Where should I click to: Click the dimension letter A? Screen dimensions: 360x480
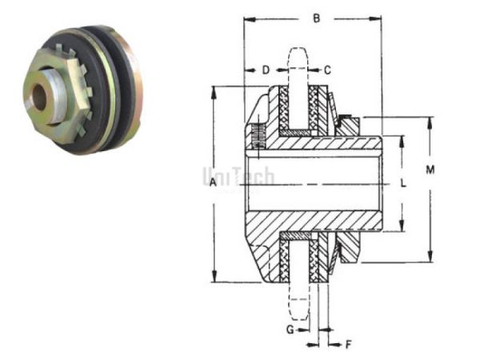(x=211, y=183)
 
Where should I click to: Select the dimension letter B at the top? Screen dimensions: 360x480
(x=316, y=17)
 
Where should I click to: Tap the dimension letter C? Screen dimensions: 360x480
(x=327, y=70)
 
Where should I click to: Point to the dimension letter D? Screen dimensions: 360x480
(x=266, y=70)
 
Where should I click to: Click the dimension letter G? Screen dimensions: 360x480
(x=291, y=329)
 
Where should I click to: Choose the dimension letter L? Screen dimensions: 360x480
(x=404, y=182)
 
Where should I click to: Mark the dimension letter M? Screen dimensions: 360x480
(x=430, y=170)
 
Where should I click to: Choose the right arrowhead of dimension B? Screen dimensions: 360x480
(x=378, y=17)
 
